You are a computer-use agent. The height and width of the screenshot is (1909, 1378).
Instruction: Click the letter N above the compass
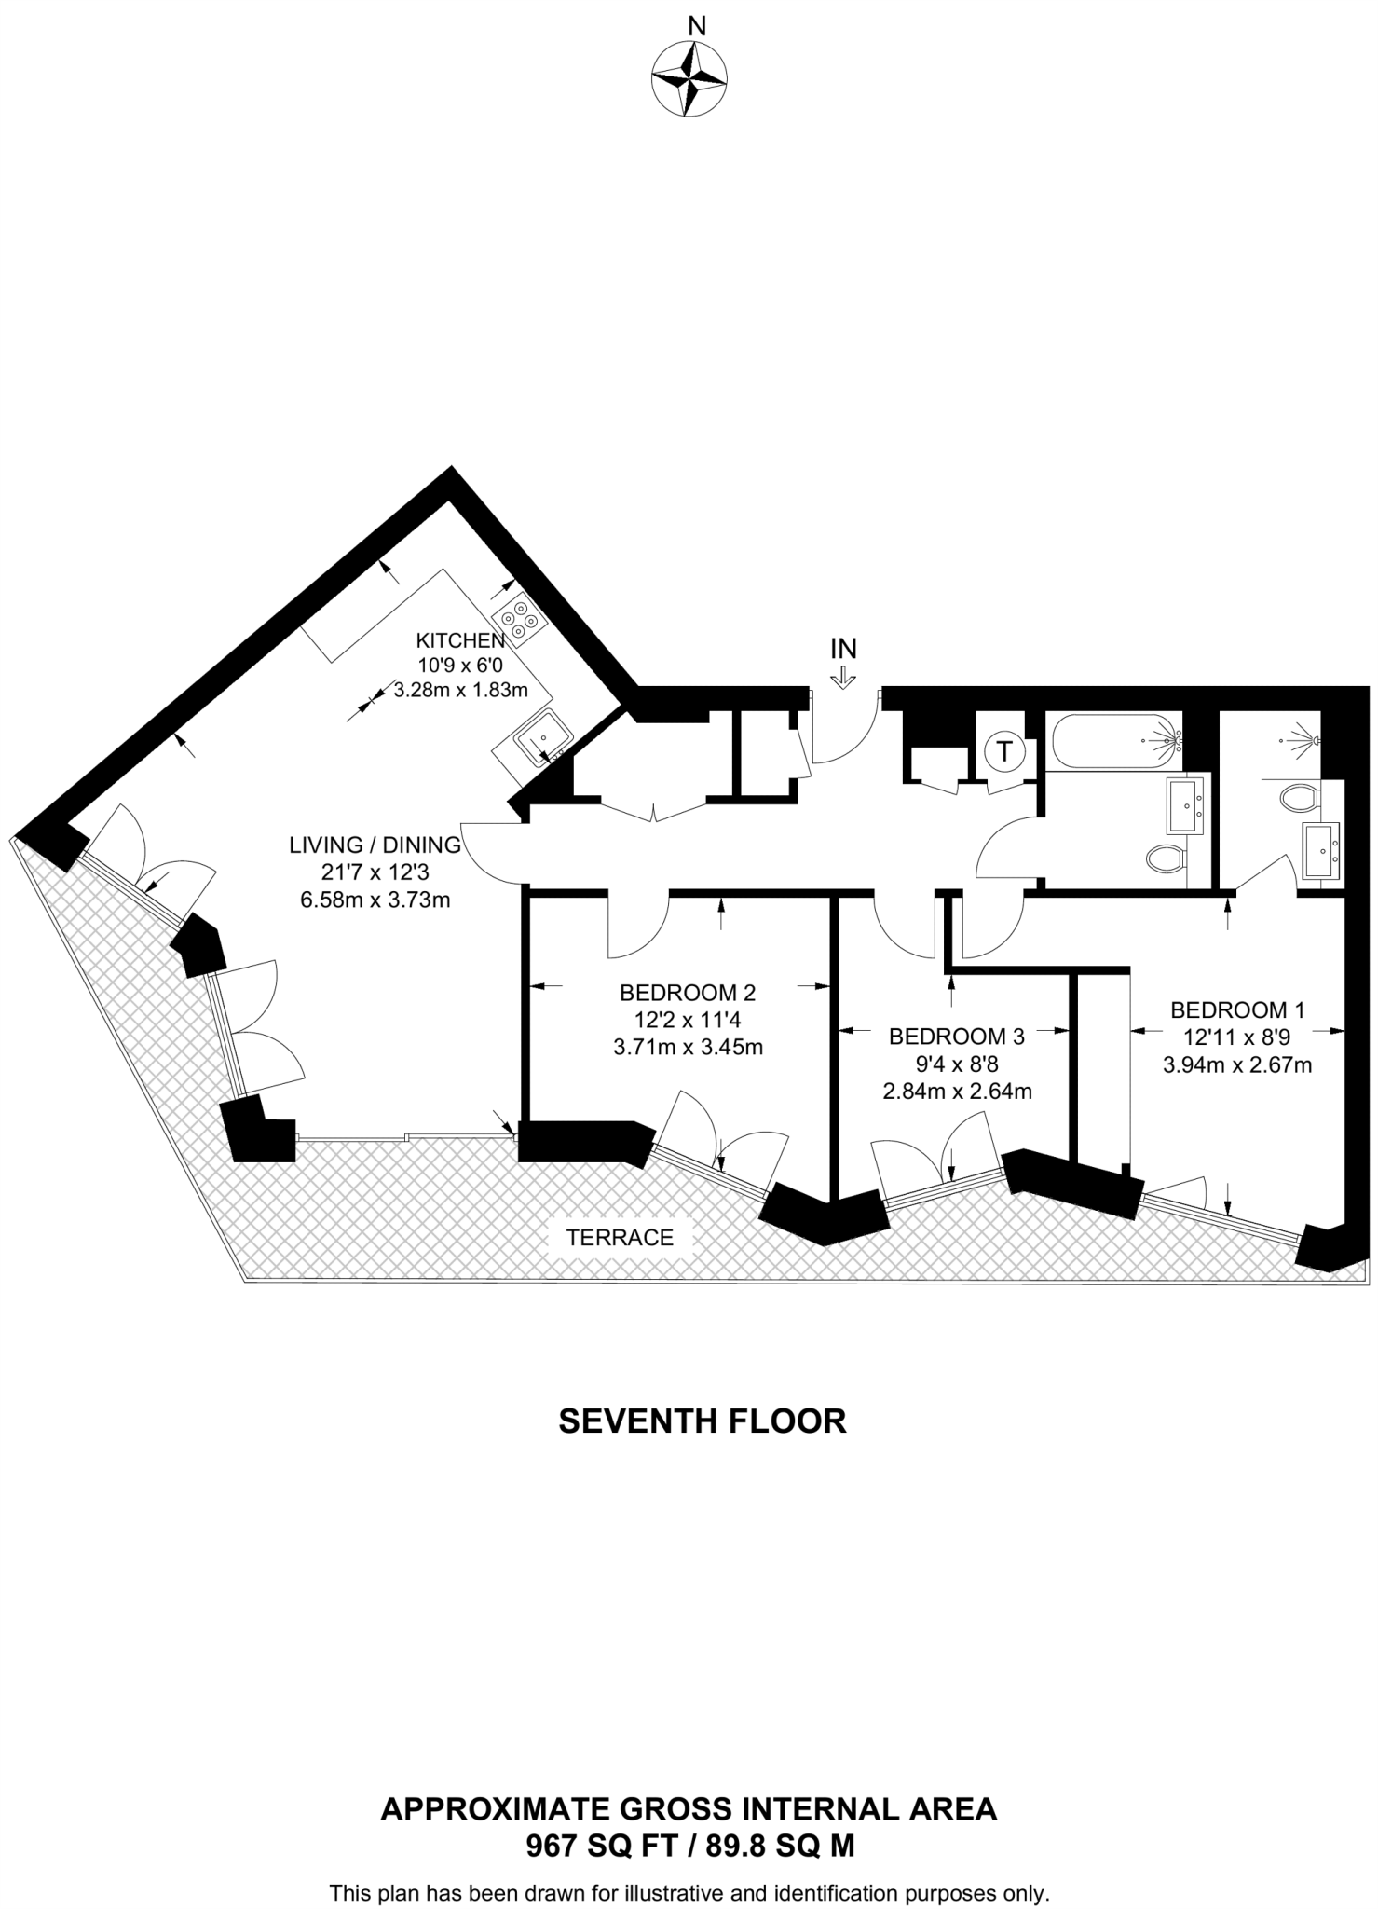click(x=695, y=26)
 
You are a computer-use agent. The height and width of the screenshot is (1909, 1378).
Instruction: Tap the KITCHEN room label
click(x=459, y=640)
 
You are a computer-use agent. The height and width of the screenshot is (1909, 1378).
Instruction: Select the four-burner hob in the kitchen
click(x=518, y=620)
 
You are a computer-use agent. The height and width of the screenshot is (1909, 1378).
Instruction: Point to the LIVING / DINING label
click(x=375, y=845)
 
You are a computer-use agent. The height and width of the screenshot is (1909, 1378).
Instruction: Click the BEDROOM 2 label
click(x=688, y=992)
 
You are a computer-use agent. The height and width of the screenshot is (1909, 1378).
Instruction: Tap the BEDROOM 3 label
click(x=956, y=1037)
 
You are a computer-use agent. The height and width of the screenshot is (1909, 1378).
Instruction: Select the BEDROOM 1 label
click(x=1237, y=1009)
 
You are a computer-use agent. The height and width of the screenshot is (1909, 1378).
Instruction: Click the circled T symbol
click(x=1004, y=751)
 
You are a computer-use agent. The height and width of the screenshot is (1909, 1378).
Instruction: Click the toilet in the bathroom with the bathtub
click(x=1166, y=858)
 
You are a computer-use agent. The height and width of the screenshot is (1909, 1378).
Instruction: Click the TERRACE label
click(x=620, y=1238)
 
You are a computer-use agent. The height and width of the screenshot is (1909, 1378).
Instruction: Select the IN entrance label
click(x=843, y=648)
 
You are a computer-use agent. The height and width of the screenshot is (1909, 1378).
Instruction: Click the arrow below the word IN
click(x=843, y=677)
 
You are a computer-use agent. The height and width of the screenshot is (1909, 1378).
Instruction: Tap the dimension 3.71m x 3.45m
click(x=688, y=1047)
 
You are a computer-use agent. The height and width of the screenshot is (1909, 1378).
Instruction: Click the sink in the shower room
click(x=1322, y=850)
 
